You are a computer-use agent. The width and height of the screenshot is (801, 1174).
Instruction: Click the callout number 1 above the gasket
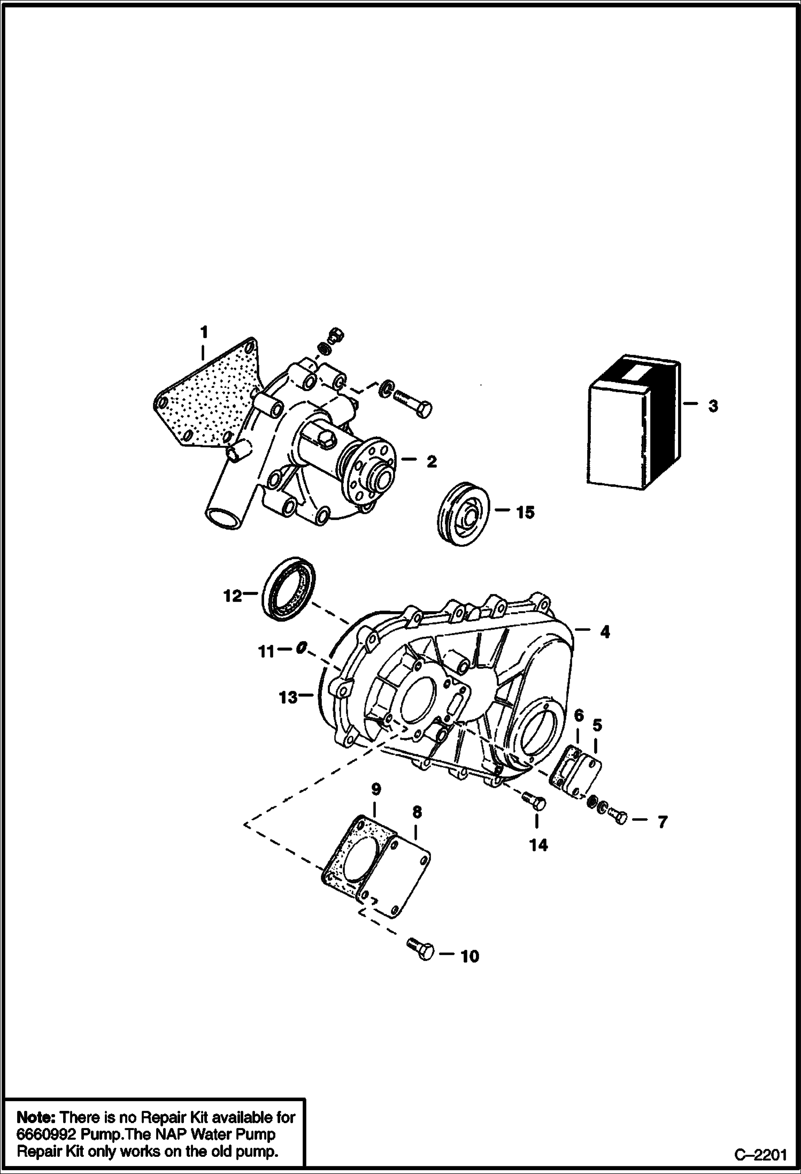204,332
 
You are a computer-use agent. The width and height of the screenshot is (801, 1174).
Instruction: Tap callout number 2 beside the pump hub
432,462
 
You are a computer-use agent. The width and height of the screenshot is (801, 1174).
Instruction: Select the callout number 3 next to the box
713,406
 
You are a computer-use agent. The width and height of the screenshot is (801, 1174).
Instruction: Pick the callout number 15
525,513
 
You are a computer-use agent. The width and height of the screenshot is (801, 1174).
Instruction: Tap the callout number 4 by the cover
605,632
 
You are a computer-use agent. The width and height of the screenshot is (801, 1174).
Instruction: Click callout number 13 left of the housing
288,698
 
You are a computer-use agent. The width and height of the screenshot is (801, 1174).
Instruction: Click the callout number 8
417,812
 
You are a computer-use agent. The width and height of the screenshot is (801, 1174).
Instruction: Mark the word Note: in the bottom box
36,1117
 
